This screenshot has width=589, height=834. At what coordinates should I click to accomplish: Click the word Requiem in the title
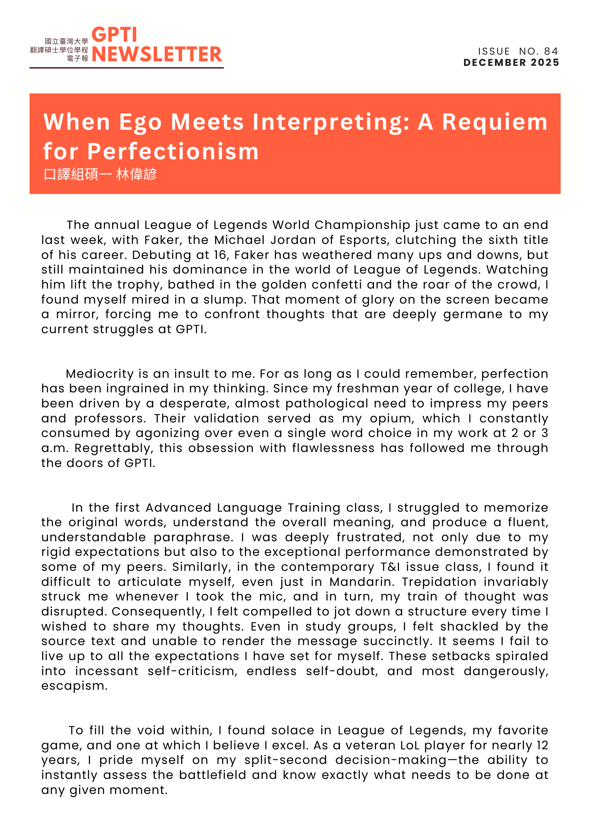tap(494, 122)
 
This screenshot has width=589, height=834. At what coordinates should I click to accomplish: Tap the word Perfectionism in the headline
tap(173, 151)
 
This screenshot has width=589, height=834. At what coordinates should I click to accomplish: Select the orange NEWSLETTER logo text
tap(157, 54)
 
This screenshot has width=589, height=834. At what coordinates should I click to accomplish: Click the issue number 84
tap(551, 51)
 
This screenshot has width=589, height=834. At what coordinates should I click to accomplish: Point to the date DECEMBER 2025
tap(511, 63)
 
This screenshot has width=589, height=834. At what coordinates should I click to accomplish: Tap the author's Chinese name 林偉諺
tap(136, 174)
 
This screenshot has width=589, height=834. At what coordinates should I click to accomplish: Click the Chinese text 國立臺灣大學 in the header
tap(67, 41)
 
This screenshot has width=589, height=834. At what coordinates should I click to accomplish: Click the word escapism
tap(74, 686)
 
